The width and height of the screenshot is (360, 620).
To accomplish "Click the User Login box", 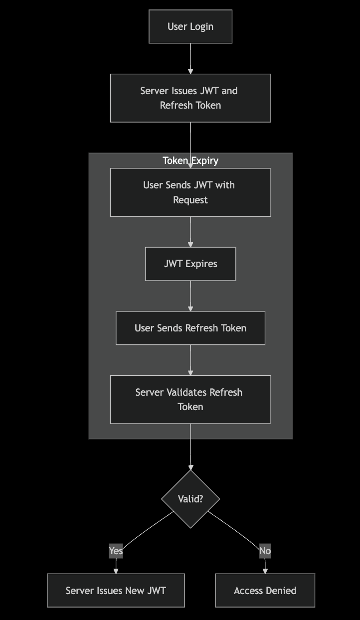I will point(190,26).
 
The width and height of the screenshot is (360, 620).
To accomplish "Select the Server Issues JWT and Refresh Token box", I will point(190,98).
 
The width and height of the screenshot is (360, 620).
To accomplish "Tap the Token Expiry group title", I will point(190,160).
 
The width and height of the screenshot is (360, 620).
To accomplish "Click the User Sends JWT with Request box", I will point(190,192).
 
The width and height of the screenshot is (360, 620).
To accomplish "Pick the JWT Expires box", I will point(190,264).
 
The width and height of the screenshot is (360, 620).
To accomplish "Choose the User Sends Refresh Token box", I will point(190,328).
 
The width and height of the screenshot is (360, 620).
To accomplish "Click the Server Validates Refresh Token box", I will point(190,399).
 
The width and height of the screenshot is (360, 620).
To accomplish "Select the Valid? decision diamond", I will point(190,499).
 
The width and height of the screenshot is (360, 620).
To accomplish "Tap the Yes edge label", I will point(116,551).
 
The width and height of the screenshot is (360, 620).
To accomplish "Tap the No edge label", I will point(265,551).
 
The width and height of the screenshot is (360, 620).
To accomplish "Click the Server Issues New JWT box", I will point(116,591).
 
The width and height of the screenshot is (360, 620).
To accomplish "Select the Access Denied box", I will point(265,591).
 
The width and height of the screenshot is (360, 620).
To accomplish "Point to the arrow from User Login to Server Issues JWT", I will point(190,58).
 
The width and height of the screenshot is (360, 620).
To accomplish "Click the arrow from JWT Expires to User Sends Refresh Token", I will point(190,296).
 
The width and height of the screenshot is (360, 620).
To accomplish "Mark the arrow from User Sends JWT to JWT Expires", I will point(190,232).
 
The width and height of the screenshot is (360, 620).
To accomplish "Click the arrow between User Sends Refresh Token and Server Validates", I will point(190,360).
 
